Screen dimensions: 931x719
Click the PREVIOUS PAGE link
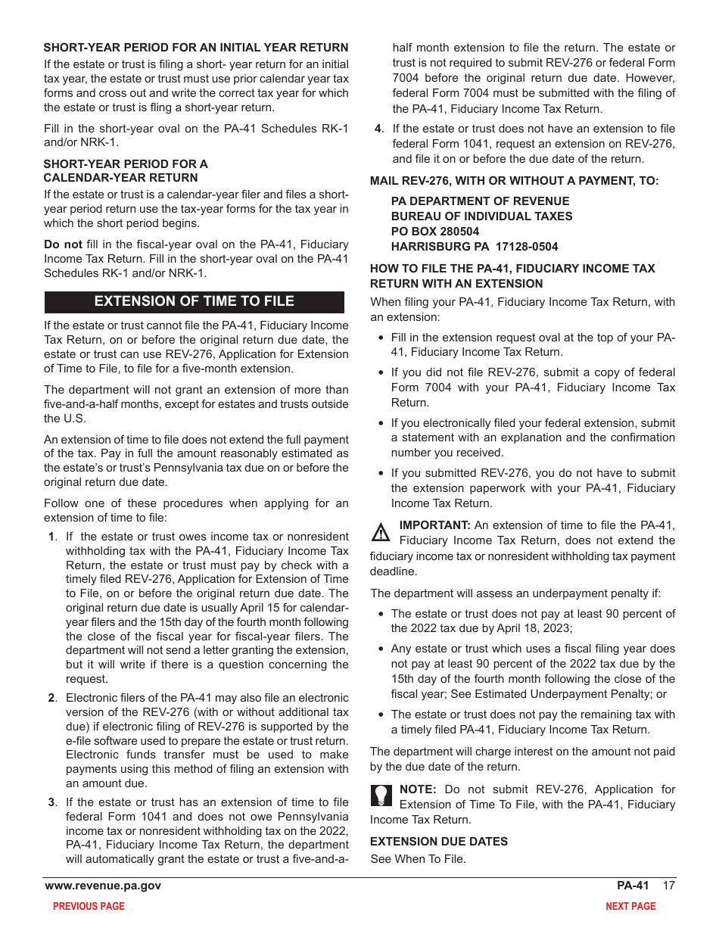click(89, 906)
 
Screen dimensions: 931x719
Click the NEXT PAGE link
click(630, 906)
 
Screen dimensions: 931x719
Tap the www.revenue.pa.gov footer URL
click(103, 886)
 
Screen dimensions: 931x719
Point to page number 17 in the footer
click(668, 886)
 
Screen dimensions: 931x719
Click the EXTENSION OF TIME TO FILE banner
click(194, 301)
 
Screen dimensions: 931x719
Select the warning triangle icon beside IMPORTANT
click(381, 533)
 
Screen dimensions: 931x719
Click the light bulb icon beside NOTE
click(381, 795)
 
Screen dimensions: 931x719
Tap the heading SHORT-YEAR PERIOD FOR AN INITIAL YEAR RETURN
click(196, 48)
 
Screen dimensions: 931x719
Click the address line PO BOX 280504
click(435, 232)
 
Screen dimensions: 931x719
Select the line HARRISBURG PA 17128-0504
click(475, 247)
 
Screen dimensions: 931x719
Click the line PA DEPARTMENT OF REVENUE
click(480, 201)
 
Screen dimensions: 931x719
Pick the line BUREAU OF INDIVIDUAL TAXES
click(481, 216)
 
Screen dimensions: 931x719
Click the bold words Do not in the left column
click(63, 244)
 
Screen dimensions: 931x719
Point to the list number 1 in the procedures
click(51, 537)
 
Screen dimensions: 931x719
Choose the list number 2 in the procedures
click(51, 698)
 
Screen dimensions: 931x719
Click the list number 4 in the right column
click(378, 129)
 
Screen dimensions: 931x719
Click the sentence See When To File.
click(418, 858)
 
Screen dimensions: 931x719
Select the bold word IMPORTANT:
click(434, 525)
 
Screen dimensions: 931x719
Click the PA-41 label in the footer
click(633, 886)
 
